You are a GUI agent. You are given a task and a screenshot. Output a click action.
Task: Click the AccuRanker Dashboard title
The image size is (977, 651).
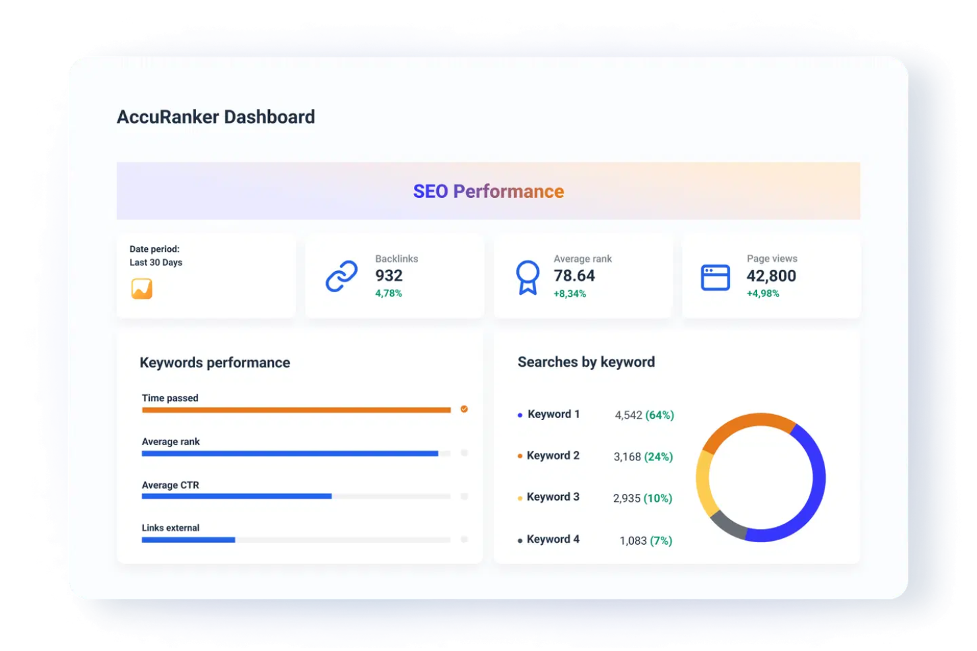pos(216,117)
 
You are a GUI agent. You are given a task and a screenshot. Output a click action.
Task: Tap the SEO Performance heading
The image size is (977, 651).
pos(488,191)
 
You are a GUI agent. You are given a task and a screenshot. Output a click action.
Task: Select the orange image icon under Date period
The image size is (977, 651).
pos(142,289)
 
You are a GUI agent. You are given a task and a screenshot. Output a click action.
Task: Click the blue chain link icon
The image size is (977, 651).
pos(341,276)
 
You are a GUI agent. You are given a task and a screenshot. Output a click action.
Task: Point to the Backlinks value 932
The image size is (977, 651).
pos(389,276)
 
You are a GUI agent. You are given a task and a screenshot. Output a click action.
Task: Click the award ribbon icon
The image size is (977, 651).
pos(527,277)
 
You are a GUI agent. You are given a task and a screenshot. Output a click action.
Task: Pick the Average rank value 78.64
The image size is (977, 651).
pos(574,276)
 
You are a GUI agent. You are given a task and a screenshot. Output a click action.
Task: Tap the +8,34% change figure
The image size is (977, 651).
pos(570,294)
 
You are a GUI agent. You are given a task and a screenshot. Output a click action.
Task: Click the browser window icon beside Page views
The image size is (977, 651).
pos(715,278)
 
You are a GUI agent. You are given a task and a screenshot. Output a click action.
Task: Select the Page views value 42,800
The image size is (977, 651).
pos(771,276)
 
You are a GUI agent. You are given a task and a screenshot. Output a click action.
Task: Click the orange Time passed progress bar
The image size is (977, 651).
pos(296,410)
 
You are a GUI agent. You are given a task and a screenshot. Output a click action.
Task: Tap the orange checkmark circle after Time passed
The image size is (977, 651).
pos(464,409)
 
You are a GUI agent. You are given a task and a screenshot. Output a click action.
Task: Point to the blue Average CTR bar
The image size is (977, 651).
pos(236,497)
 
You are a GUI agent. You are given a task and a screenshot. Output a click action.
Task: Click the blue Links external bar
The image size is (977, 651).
pos(188,540)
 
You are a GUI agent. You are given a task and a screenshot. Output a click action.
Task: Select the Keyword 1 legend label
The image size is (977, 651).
pos(553,414)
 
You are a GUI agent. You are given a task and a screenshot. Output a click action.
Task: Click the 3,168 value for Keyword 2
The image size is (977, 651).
pos(627,456)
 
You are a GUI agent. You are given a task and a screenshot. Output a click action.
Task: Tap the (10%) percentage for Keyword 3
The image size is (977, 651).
pos(657,498)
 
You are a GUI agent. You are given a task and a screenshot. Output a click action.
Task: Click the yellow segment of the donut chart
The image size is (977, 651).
pos(704,485)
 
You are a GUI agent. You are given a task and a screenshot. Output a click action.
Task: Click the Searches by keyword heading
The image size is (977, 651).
pos(586,362)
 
